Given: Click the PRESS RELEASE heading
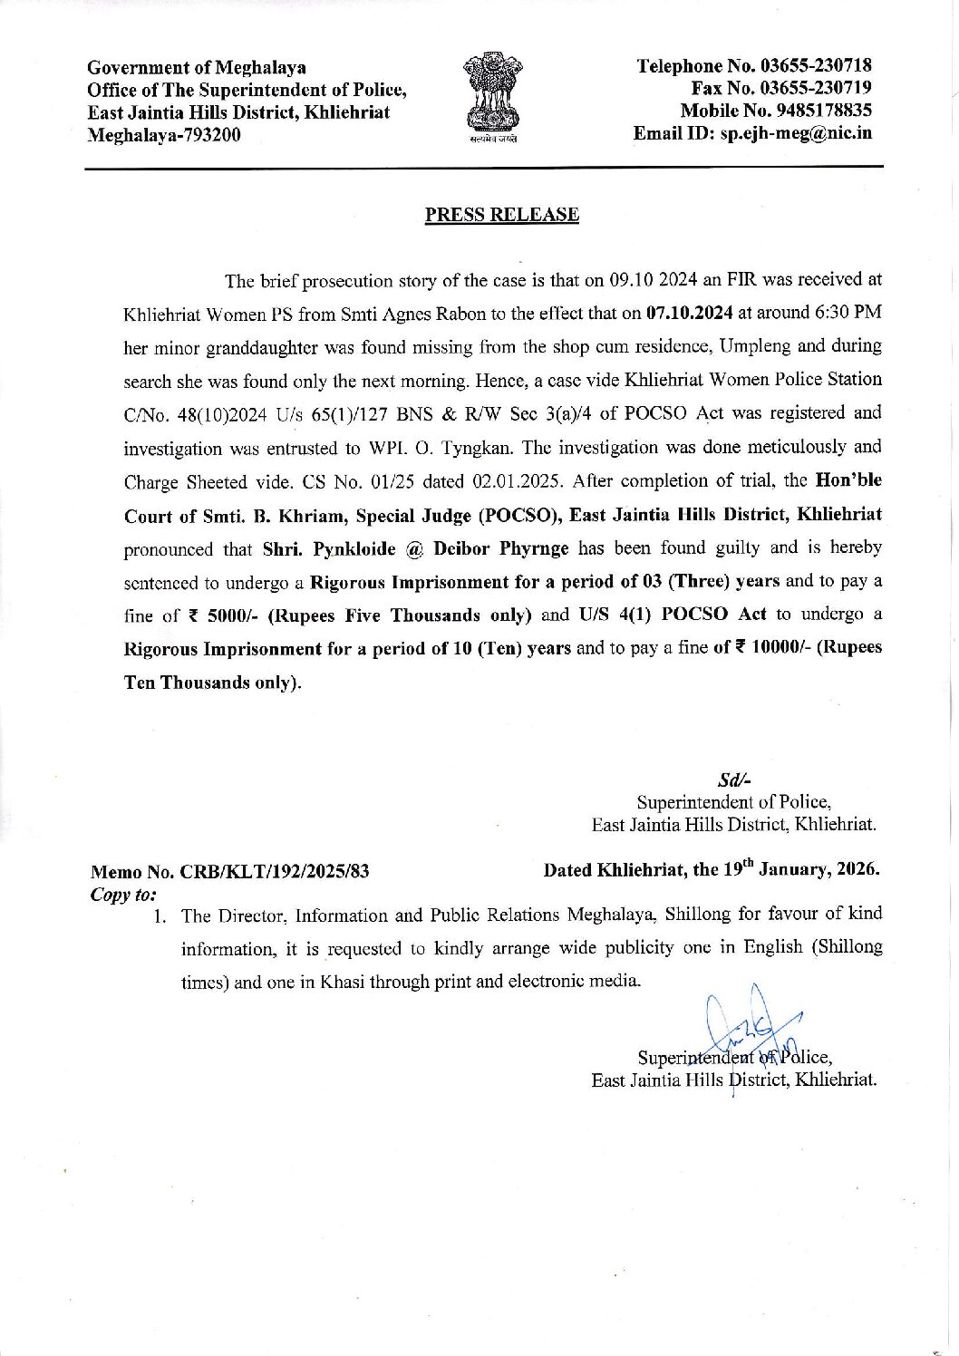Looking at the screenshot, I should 501,215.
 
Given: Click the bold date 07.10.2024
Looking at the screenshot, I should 689,314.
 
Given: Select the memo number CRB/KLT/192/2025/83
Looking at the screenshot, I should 275,872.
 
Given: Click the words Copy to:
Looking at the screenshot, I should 123,894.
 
